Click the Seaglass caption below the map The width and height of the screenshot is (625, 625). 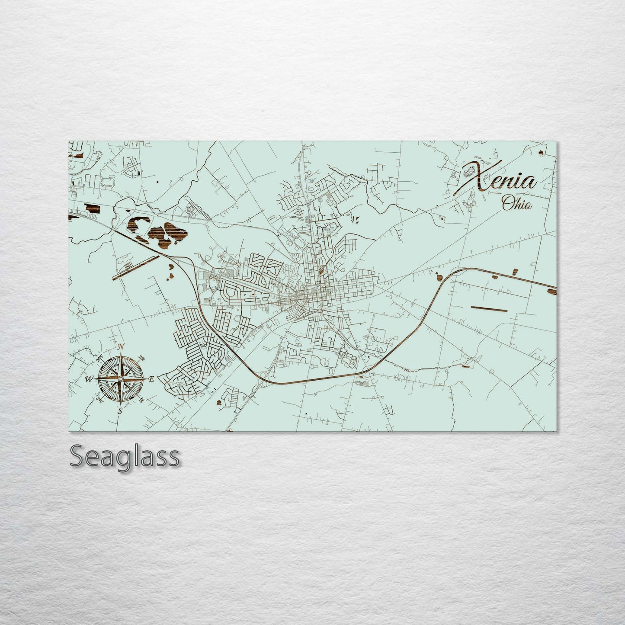pos(124,456)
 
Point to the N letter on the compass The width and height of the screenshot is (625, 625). pos(122,346)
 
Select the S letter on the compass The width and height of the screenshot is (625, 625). pos(121,411)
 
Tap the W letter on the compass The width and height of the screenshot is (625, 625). pos(89,379)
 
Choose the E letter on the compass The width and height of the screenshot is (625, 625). pos(151,379)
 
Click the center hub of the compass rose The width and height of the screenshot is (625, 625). pos(121,379)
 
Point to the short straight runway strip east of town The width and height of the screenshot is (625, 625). pos(489,308)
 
